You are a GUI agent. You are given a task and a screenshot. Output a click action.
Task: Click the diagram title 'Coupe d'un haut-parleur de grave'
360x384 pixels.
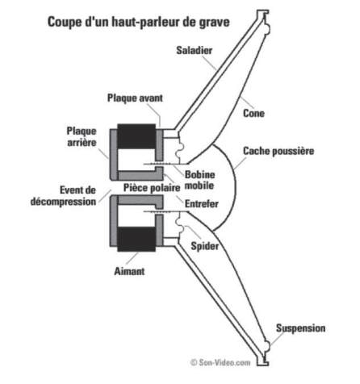coord(139,22)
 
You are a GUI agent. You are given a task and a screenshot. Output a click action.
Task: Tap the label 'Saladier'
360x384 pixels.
coord(195,50)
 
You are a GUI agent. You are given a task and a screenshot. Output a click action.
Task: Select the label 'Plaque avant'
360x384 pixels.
coord(135,98)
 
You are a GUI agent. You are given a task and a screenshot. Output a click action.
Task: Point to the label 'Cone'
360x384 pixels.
coord(253,113)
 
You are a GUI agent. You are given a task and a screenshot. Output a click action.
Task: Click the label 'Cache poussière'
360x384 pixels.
coord(278,151)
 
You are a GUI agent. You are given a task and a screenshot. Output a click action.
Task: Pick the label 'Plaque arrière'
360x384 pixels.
coord(82,136)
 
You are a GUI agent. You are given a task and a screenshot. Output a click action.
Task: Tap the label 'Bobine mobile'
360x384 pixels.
coord(199,180)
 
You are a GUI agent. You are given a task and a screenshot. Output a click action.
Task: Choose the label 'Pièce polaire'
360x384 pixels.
coord(152,187)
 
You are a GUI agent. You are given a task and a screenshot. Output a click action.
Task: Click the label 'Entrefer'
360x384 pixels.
coord(202,204)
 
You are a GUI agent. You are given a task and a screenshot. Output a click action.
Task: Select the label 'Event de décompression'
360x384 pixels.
coord(64,196)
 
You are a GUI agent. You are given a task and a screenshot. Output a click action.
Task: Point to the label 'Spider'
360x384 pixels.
coord(205,246)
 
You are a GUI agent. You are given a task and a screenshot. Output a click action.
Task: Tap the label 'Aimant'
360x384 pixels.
coord(129,271)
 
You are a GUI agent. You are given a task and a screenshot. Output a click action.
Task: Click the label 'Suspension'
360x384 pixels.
coord(300,328)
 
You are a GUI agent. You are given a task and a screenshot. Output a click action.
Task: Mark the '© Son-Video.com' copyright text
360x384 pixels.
coord(220,362)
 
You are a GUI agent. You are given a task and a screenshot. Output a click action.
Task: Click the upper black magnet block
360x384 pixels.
coord(136,136)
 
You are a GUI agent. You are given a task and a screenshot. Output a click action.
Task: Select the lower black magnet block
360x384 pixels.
coord(136,239)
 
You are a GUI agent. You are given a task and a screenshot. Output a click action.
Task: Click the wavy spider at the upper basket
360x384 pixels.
coord(180,148)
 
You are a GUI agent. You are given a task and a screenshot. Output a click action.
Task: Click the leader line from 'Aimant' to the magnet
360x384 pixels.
coord(132,258)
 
